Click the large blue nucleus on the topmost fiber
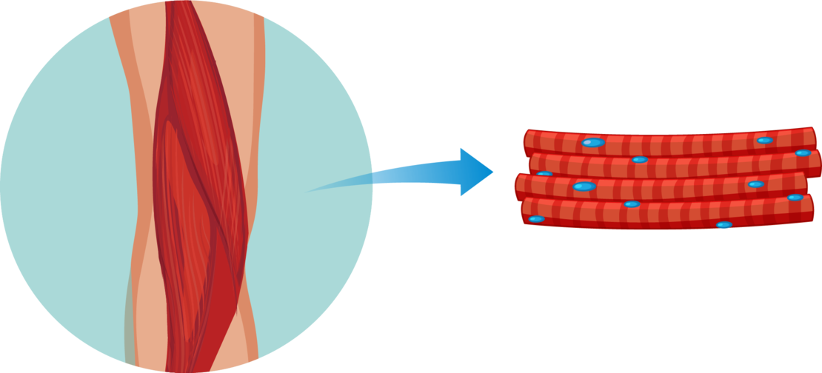pyautogui.click(x=592, y=142)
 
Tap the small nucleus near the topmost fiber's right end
pyautogui.click(x=765, y=140)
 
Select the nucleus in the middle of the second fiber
pyautogui.click(x=640, y=159)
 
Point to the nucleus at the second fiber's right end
pyautogui.click(x=803, y=152)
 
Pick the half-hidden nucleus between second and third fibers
pyautogui.click(x=545, y=174)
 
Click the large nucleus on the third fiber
pyautogui.click(x=584, y=186)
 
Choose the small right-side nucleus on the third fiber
pyautogui.click(x=756, y=184)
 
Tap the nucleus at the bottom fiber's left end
pyautogui.click(x=536, y=219)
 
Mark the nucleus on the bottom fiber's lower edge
pyautogui.click(x=724, y=225)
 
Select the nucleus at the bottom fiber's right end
pyautogui.click(x=795, y=198)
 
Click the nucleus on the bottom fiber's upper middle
pyautogui.click(x=632, y=204)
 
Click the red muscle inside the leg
pyautogui.click(x=196, y=185)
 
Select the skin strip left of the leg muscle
pyautogui.click(x=137, y=185)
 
